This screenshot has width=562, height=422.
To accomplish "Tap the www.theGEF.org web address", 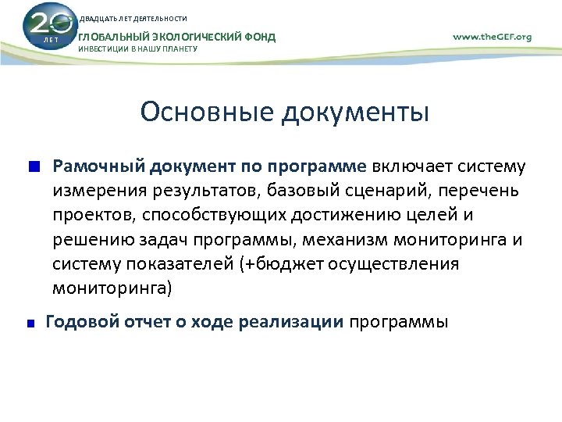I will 492,36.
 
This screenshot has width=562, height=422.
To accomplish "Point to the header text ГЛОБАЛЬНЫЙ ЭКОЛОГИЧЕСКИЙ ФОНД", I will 177,37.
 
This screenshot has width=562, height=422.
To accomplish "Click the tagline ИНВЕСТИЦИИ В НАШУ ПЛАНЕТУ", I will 138,49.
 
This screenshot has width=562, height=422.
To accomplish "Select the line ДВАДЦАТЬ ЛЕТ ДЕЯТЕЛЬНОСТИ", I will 133,19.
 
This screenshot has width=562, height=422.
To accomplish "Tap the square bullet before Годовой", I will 33,323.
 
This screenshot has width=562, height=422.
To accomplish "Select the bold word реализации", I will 297,322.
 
